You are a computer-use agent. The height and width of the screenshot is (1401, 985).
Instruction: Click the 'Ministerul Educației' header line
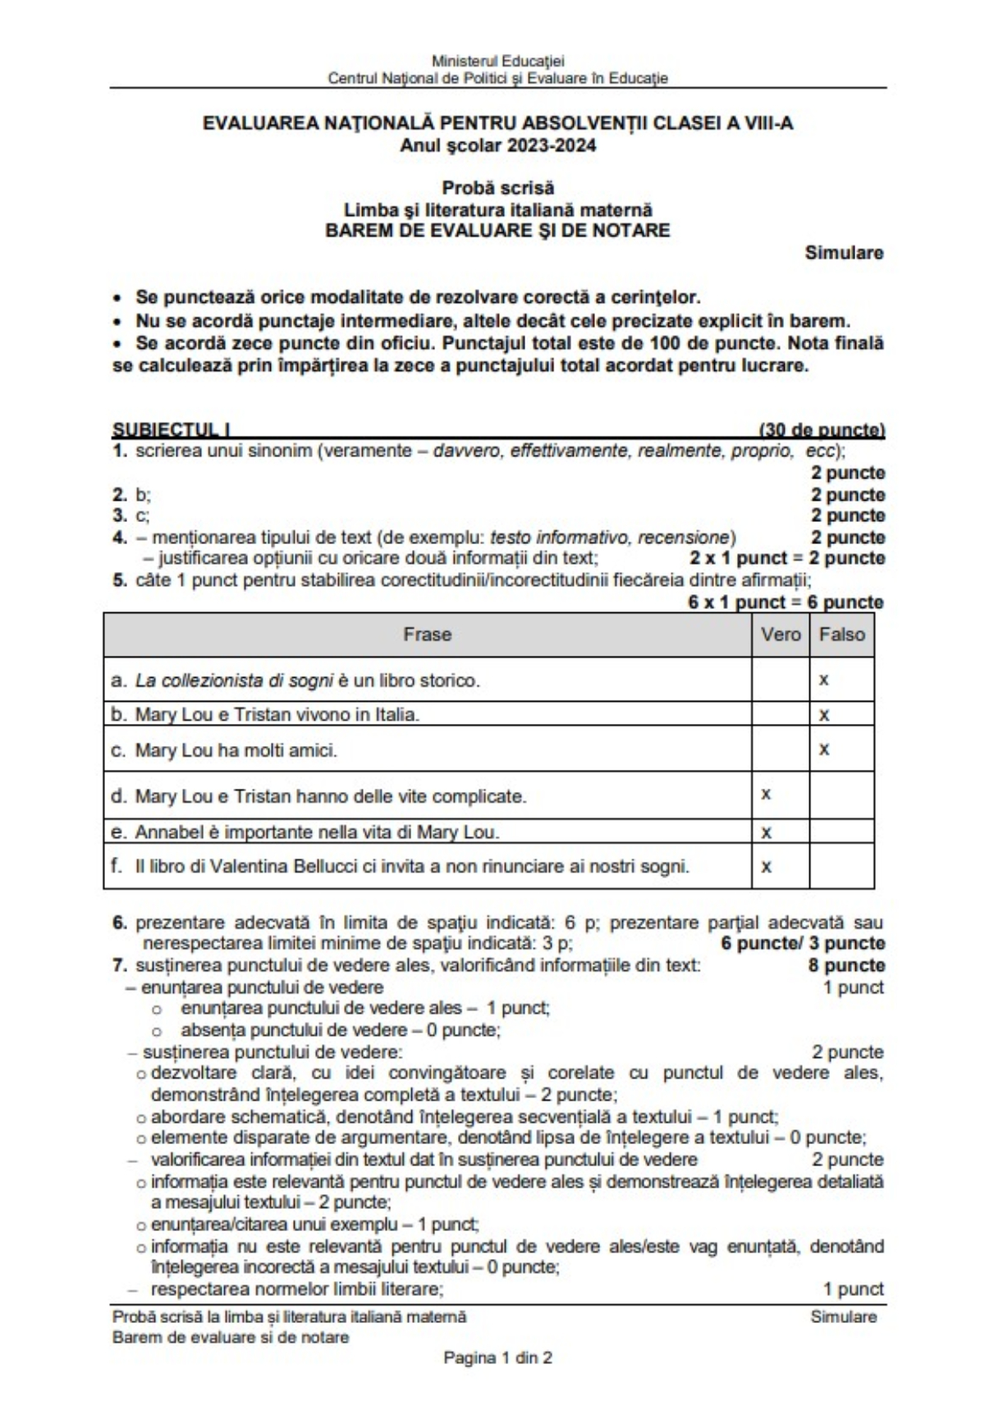pos(497,61)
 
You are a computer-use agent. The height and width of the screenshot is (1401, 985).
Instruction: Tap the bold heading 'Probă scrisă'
pos(497,188)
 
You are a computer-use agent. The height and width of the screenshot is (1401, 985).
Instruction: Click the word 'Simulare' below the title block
pos(844,253)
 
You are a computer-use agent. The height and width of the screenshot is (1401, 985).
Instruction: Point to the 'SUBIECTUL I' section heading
pos(171,429)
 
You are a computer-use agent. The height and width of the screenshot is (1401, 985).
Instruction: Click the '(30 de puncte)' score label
pos(822,429)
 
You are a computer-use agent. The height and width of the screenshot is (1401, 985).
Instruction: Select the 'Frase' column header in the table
pos(427,634)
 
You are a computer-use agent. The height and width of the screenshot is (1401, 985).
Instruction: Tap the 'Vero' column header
pos(780,634)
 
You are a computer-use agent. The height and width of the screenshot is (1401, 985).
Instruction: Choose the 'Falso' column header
pos(841,634)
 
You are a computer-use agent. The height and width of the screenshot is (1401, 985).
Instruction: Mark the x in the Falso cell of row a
pos(824,680)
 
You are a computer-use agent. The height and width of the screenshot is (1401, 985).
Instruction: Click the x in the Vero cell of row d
pos(766,794)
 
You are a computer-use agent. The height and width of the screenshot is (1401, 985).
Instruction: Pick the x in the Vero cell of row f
pos(766,866)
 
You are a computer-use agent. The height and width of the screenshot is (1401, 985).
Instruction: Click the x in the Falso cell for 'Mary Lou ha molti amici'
pos(824,749)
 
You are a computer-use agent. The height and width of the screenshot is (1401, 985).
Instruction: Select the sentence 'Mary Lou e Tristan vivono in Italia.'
pos(277,715)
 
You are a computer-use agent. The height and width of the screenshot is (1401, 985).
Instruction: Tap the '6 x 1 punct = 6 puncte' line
pos(786,602)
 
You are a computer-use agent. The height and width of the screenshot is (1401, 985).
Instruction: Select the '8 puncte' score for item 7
pos(846,965)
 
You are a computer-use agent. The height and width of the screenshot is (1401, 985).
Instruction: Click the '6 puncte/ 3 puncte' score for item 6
pos(802,944)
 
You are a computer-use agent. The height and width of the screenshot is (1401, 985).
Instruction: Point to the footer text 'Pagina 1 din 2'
pos(497,1358)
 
